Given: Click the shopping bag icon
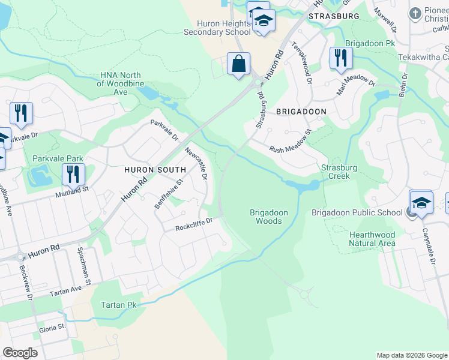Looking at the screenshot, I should click(x=238, y=63).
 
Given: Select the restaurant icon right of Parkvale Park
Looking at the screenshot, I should click(x=73, y=174).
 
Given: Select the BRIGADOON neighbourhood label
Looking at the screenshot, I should click(x=301, y=112).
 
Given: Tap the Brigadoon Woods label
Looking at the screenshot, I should click(x=268, y=217).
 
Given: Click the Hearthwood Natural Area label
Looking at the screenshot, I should click(x=372, y=239).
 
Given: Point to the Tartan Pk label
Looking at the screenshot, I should click(x=119, y=305).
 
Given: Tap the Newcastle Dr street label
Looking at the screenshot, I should click(x=196, y=164).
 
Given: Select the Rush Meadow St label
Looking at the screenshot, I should click(x=290, y=142).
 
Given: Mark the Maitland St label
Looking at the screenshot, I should click(x=73, y=188).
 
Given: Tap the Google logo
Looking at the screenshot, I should click(x=20, y=353).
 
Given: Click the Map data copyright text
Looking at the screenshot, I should click(x=411, y=355).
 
